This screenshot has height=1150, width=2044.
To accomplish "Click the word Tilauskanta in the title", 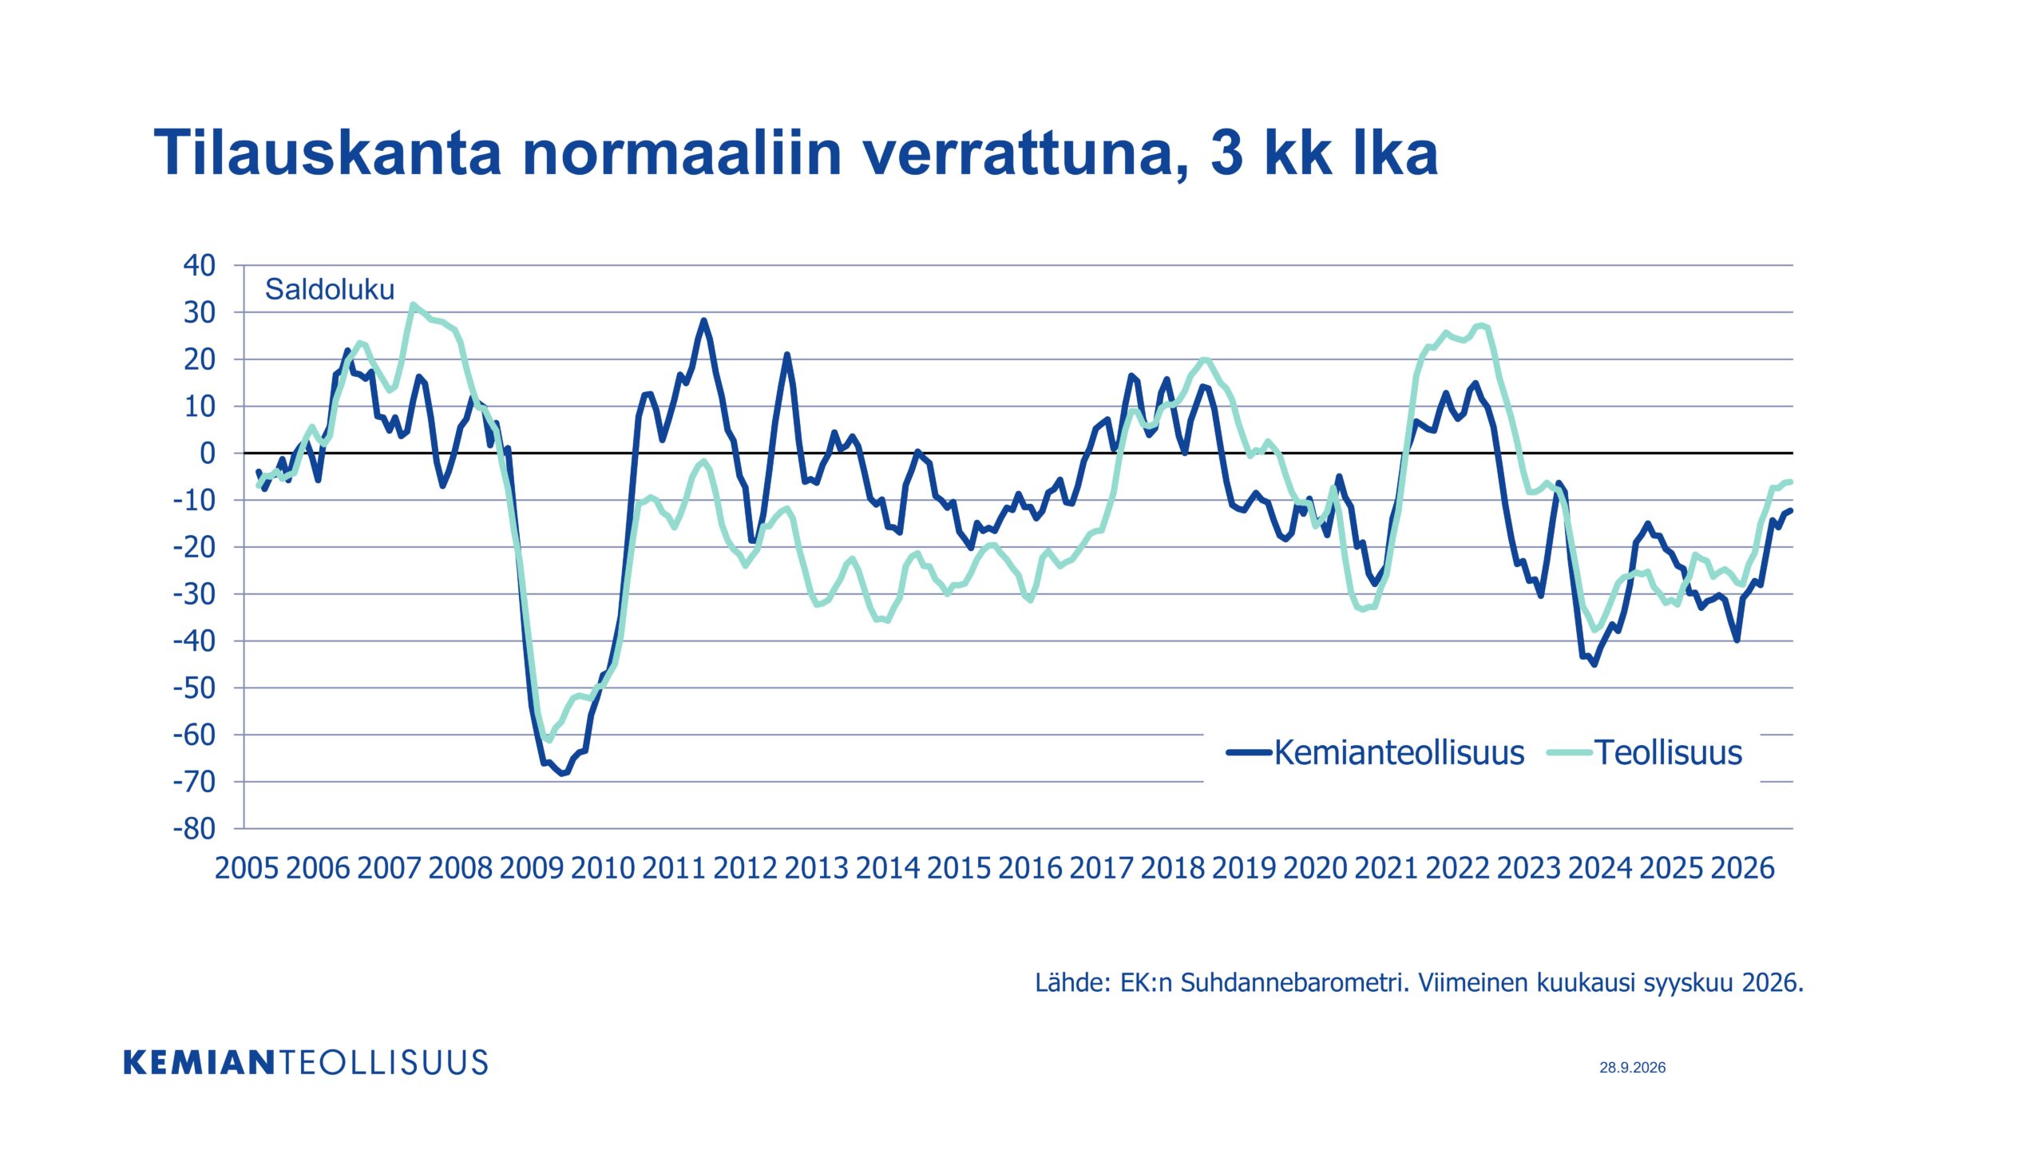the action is (327, 152).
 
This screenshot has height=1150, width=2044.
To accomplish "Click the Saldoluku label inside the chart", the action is (330, 289).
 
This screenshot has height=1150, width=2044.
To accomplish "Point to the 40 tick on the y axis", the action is (200, 265).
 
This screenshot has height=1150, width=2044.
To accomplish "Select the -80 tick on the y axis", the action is (194, 829).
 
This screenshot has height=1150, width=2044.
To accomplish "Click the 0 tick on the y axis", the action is (208, 454).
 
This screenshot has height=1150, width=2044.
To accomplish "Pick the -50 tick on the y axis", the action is (194, 688).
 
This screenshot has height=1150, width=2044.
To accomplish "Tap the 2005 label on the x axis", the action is (247, 868).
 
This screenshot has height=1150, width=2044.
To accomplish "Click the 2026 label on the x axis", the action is (1743, 868).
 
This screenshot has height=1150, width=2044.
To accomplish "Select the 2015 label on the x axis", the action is (959, 868).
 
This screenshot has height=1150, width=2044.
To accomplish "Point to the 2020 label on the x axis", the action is (1315, 868).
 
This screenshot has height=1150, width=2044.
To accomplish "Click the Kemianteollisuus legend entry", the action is (1376, 752).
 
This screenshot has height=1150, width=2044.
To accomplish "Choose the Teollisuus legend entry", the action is (1645, 752).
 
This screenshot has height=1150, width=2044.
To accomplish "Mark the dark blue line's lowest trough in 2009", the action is (562, 773).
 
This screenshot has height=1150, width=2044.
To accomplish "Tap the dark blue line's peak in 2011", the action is (703, 321).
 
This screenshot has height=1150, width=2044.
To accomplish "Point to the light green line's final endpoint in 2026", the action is (1790, 482).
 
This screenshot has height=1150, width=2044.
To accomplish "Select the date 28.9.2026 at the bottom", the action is (1633, 1067).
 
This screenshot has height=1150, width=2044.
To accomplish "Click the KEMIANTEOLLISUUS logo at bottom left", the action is (306, 1063).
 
